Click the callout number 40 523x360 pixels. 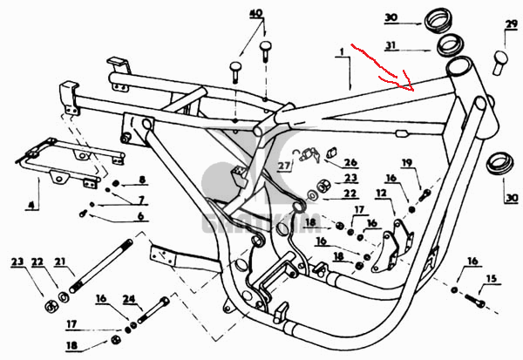[x=255, y=15]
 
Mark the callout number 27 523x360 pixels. [x=283, y=165]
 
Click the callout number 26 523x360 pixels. [x=350, y=162]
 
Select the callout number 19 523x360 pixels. [x=407, y=163]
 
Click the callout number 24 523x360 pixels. [x=130, y=298]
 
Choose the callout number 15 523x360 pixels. [x=492, y=279]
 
